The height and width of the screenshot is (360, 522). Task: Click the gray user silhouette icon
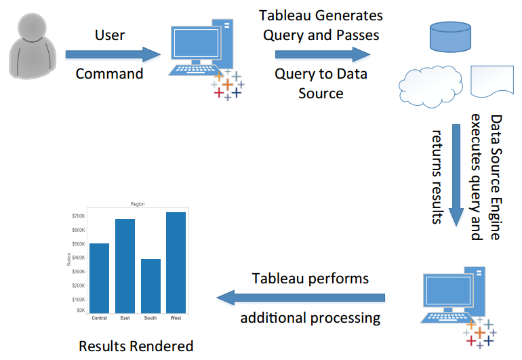click(33, 46)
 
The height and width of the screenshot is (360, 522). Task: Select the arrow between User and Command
click(113, 54)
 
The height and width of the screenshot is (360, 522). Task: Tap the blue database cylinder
click(450, 37)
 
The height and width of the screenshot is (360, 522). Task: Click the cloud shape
click(430, 87)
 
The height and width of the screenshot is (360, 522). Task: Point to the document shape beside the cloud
click(492, 81)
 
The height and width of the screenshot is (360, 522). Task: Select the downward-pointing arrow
click(456, 176)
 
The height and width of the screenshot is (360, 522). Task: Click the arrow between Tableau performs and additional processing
click(300, 298)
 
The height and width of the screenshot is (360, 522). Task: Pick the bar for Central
click(99, 278)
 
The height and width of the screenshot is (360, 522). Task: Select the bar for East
click(125, 266)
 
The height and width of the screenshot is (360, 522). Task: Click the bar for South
click(150, 286)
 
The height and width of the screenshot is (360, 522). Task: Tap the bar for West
click(176, 262)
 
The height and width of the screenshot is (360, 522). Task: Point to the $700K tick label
click(79, 216)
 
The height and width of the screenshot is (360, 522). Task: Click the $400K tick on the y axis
click(79, 258)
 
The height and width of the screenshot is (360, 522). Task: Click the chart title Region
click(138, 204)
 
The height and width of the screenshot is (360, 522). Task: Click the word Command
click(110, 74)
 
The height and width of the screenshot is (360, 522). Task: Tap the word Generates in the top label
click(348, 16)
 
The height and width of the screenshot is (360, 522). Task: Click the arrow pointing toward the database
click(323, 54)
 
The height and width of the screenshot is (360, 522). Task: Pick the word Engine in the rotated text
click(496, 219)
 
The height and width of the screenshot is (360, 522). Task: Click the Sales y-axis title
click(69, 260)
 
